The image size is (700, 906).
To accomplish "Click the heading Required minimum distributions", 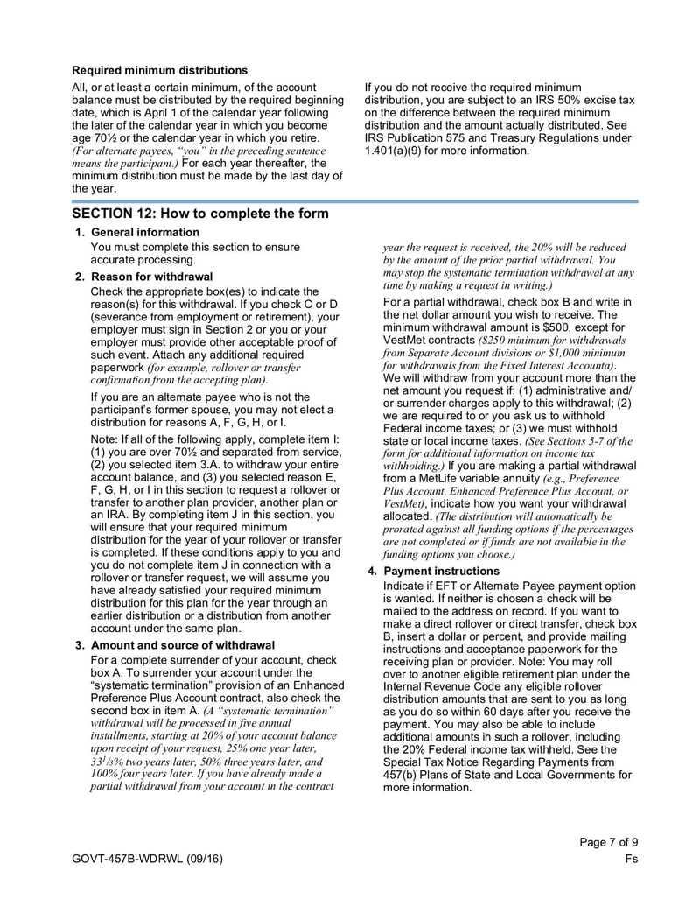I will click(159, 70).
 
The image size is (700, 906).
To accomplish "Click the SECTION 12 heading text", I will click(200, 214).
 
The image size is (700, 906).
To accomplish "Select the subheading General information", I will click(144, 232).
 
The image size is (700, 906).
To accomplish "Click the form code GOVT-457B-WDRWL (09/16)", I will click(147, 860).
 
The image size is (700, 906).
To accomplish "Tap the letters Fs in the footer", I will click(631, 860).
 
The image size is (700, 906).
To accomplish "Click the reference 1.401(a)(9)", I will click(395, 151).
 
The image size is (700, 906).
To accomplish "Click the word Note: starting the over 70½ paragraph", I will click(104, 439).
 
